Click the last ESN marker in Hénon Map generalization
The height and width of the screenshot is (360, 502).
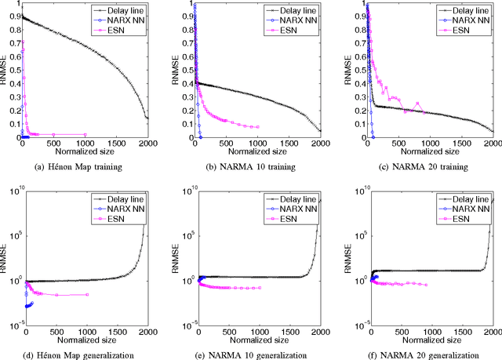pos(86,294)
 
